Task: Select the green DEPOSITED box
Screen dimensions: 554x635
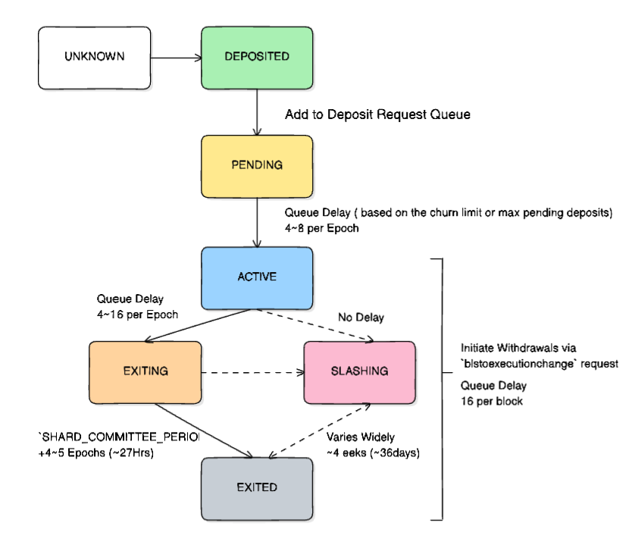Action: coord(257,57)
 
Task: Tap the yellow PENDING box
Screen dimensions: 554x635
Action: coord(257,164)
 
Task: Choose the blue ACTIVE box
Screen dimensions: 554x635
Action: coord(257,277)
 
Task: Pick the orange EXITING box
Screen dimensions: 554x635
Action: coord(145,371)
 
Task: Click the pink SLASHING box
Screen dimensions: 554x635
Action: coord(359,371)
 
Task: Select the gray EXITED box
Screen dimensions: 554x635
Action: coord(257,487)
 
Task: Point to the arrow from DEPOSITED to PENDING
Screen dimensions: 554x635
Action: coord(257,111)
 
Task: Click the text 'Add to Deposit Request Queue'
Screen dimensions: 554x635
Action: coord(377,115)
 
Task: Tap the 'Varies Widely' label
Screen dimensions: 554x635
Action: coord(361,438)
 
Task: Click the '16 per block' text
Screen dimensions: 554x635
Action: coord(492,400)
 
